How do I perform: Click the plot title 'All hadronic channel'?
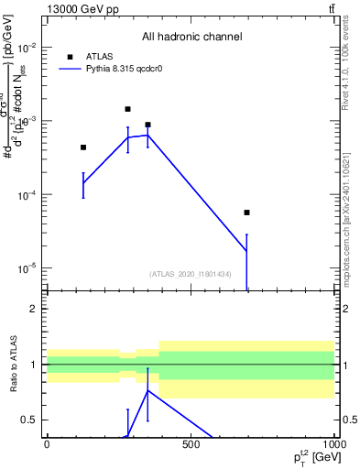(191, 37)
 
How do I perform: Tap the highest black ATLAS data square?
(127, 109)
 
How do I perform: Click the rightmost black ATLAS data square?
(246, 213)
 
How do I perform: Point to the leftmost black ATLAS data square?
(83, 147)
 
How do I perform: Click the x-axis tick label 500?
(191, 444)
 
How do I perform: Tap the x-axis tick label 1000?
(332, 444)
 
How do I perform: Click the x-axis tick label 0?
(47, 444)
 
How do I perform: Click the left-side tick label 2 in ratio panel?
(33, 309)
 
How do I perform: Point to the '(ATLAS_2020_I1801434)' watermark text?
(191, 274)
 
